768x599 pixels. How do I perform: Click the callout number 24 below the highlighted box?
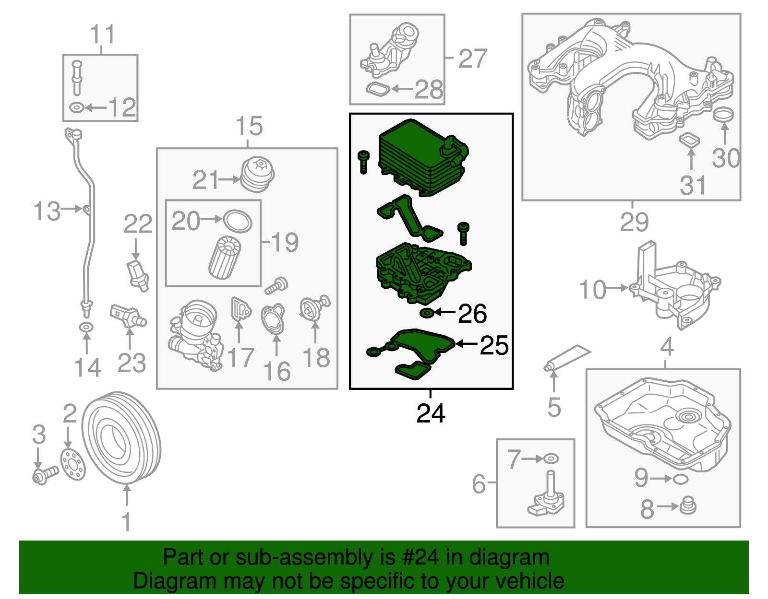click(x=431, y=413)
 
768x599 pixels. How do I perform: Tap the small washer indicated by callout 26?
click(x=427, y=313)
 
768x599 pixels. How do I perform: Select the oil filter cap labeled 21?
click(x=258, y=175)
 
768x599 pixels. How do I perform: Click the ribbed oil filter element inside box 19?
click(x=225, y=258)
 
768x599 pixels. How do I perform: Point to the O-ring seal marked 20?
click(x=238, y=221)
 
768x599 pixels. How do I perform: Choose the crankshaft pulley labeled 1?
click(x=121, y=438)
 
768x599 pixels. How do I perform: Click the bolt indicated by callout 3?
click(x=45, y=475)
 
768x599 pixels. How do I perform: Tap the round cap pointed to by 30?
click(x=723, y=115)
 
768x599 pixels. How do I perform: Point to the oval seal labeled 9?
click(x=680, y=479)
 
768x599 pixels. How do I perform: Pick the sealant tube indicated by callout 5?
click(x=566, y=358)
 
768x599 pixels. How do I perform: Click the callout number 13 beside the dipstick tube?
click(x=47, y=211)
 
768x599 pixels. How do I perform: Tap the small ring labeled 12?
click(x=76, y=107)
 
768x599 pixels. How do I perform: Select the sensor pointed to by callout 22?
click(x=138, y=276)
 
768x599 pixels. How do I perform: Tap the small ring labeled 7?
click(x=551, y=459)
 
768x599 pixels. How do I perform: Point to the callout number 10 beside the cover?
click(x=593, y=290)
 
